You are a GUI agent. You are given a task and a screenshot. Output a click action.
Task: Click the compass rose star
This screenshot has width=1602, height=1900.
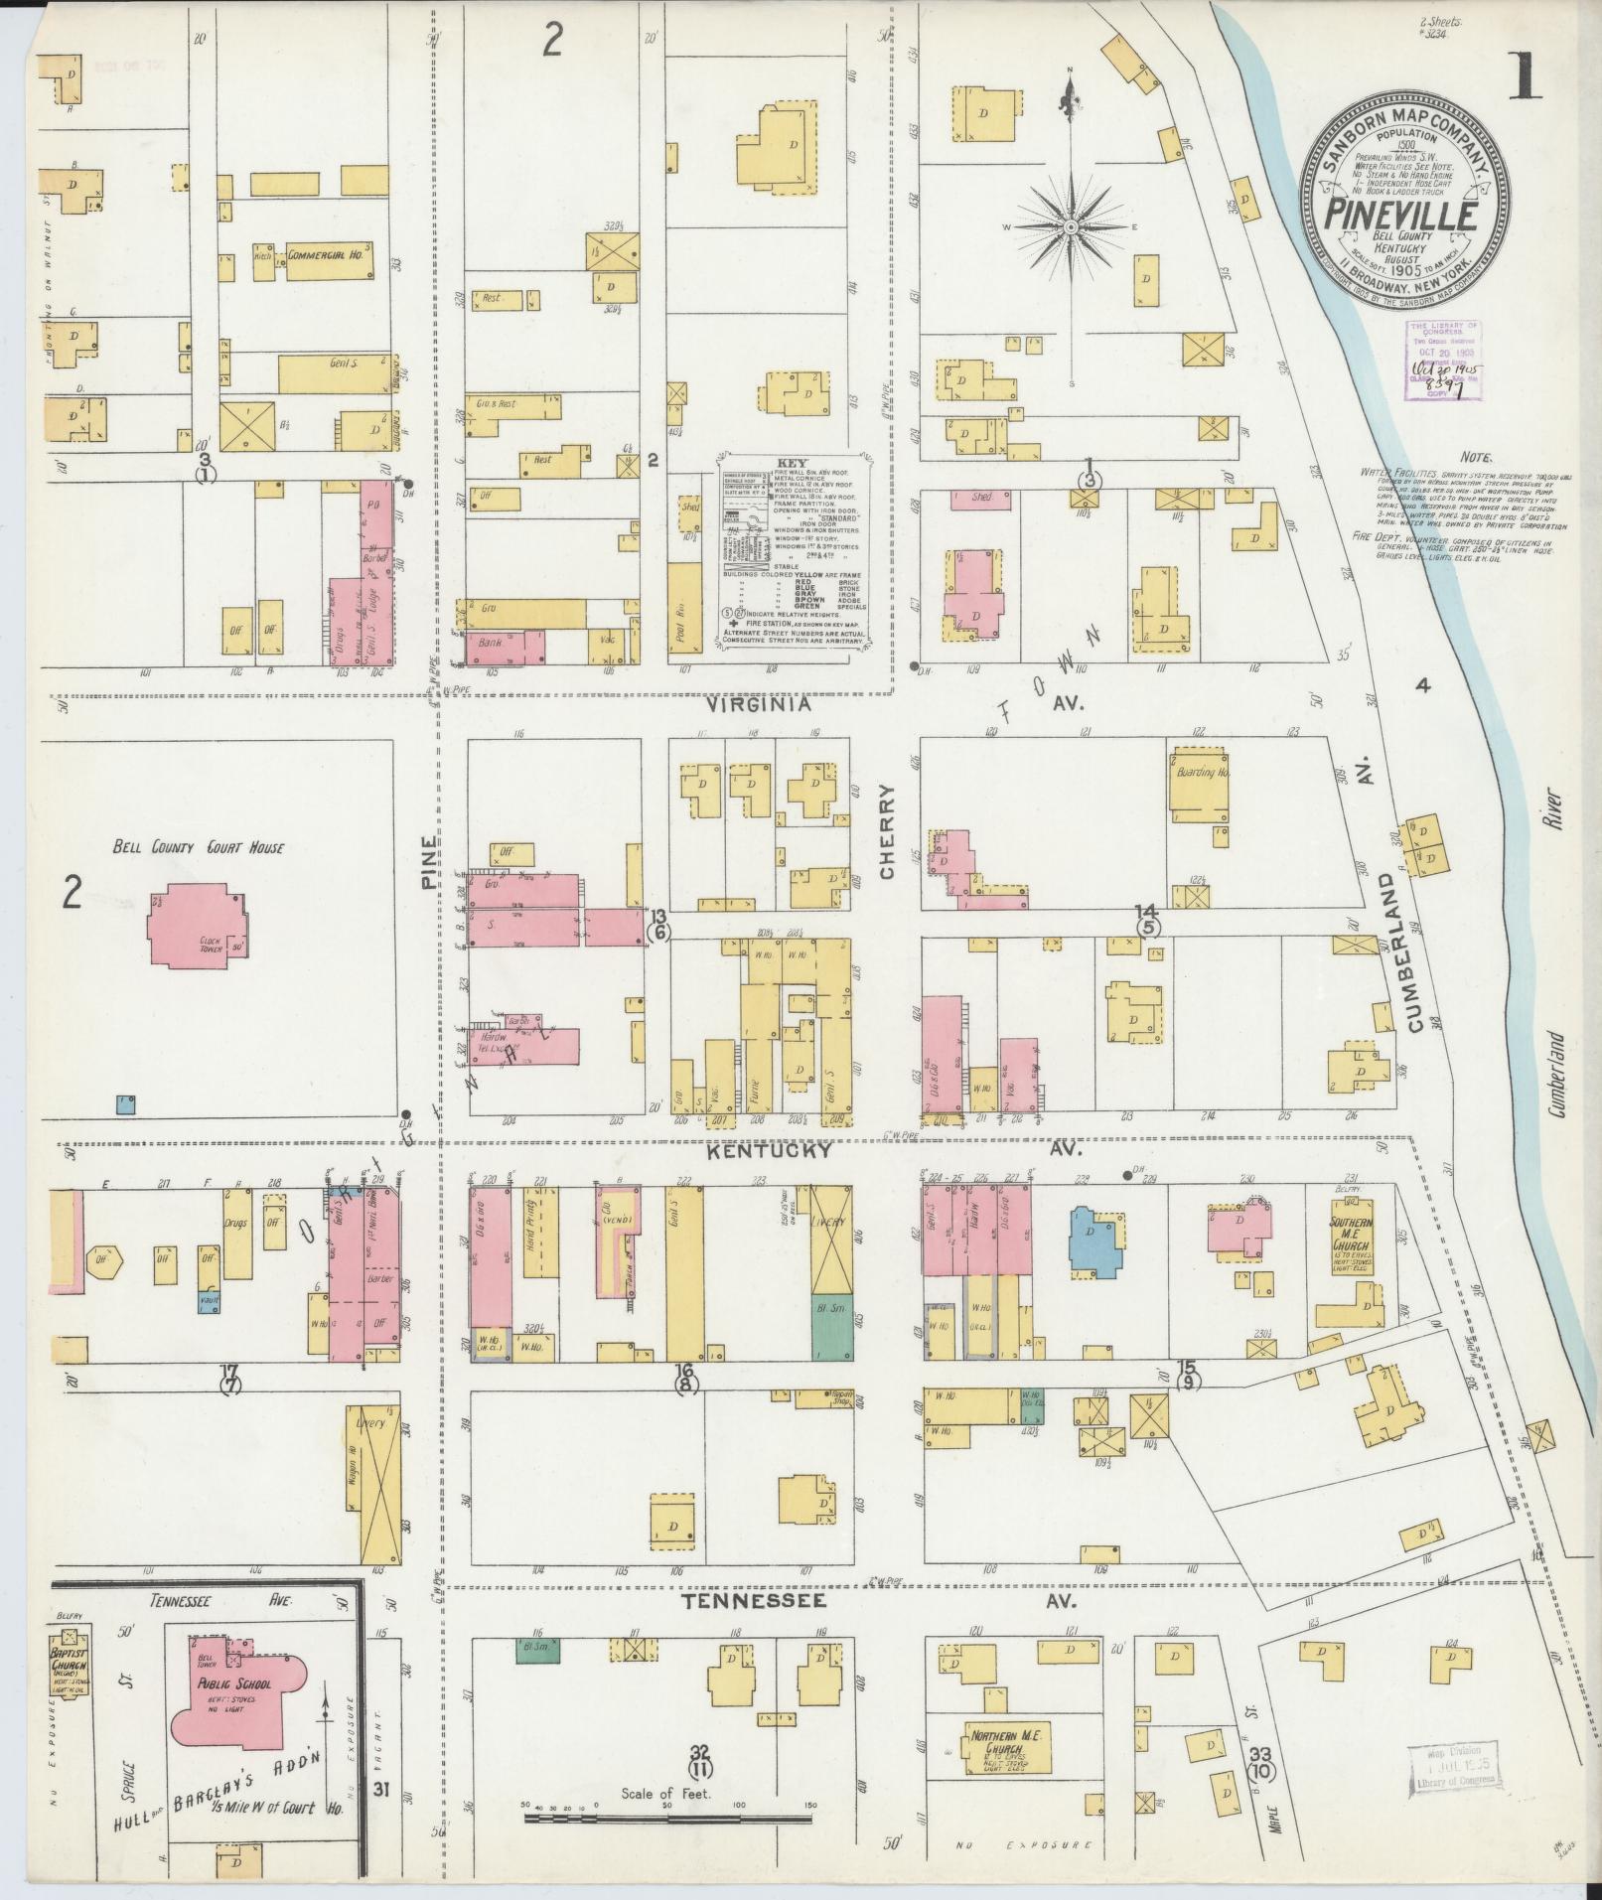(x=1072, y=228)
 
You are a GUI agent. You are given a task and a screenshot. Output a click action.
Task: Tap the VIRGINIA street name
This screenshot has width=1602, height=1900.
(x=760, y=705)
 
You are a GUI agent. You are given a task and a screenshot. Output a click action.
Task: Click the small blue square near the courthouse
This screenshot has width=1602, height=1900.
(x=125, y=1103)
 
